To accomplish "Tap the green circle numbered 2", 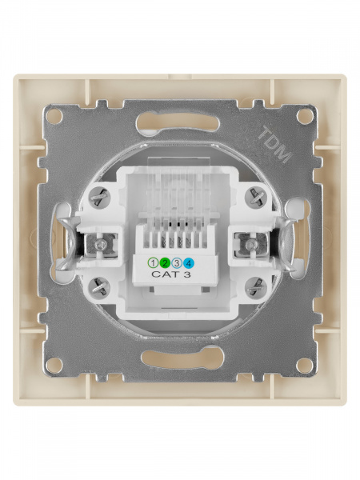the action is pos(164,262).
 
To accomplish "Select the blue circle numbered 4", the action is pos(189,262).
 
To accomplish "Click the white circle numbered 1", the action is pos(153,262).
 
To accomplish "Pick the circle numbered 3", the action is pos(177,262).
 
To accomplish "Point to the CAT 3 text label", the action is pos(171,274).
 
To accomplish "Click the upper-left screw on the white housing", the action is pos(99,197).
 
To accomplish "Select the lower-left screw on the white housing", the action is pos(98,286).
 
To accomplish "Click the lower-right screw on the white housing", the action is pos(256,286).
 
